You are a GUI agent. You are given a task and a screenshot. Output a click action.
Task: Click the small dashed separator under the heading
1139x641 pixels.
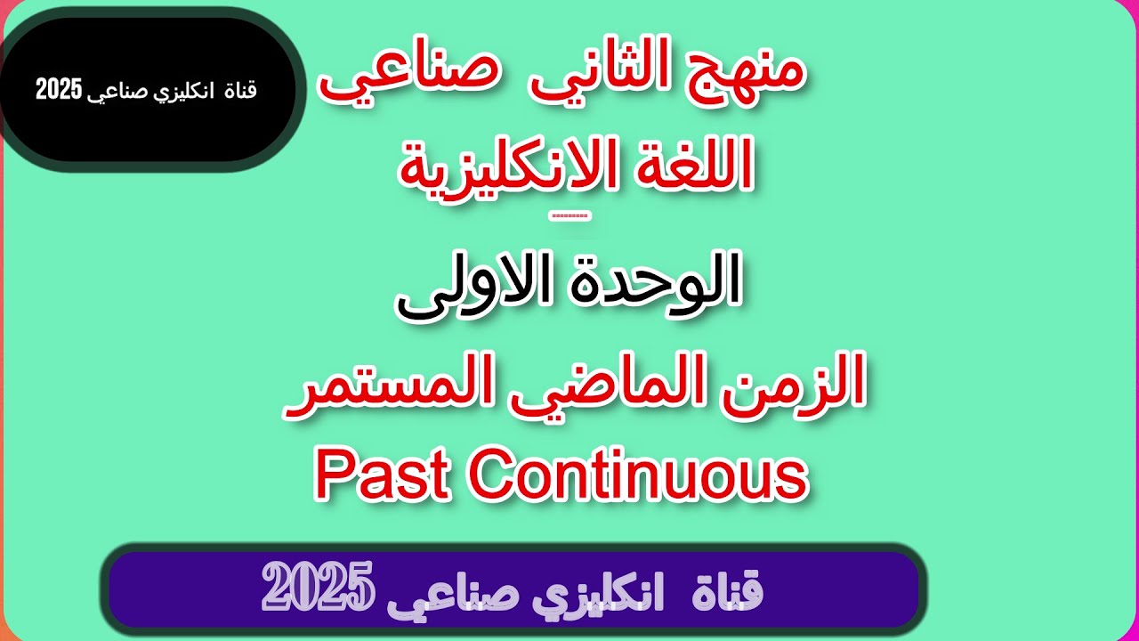click(x=570, y=215)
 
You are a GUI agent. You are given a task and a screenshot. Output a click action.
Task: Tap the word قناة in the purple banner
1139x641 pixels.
click(x=726, y=592)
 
